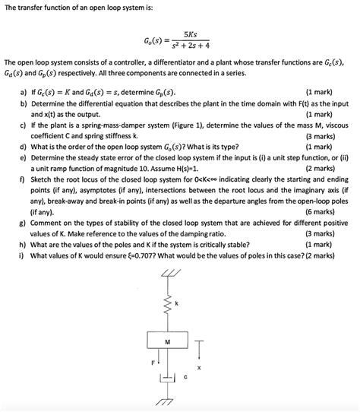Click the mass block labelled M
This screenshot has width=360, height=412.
point(169,345)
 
